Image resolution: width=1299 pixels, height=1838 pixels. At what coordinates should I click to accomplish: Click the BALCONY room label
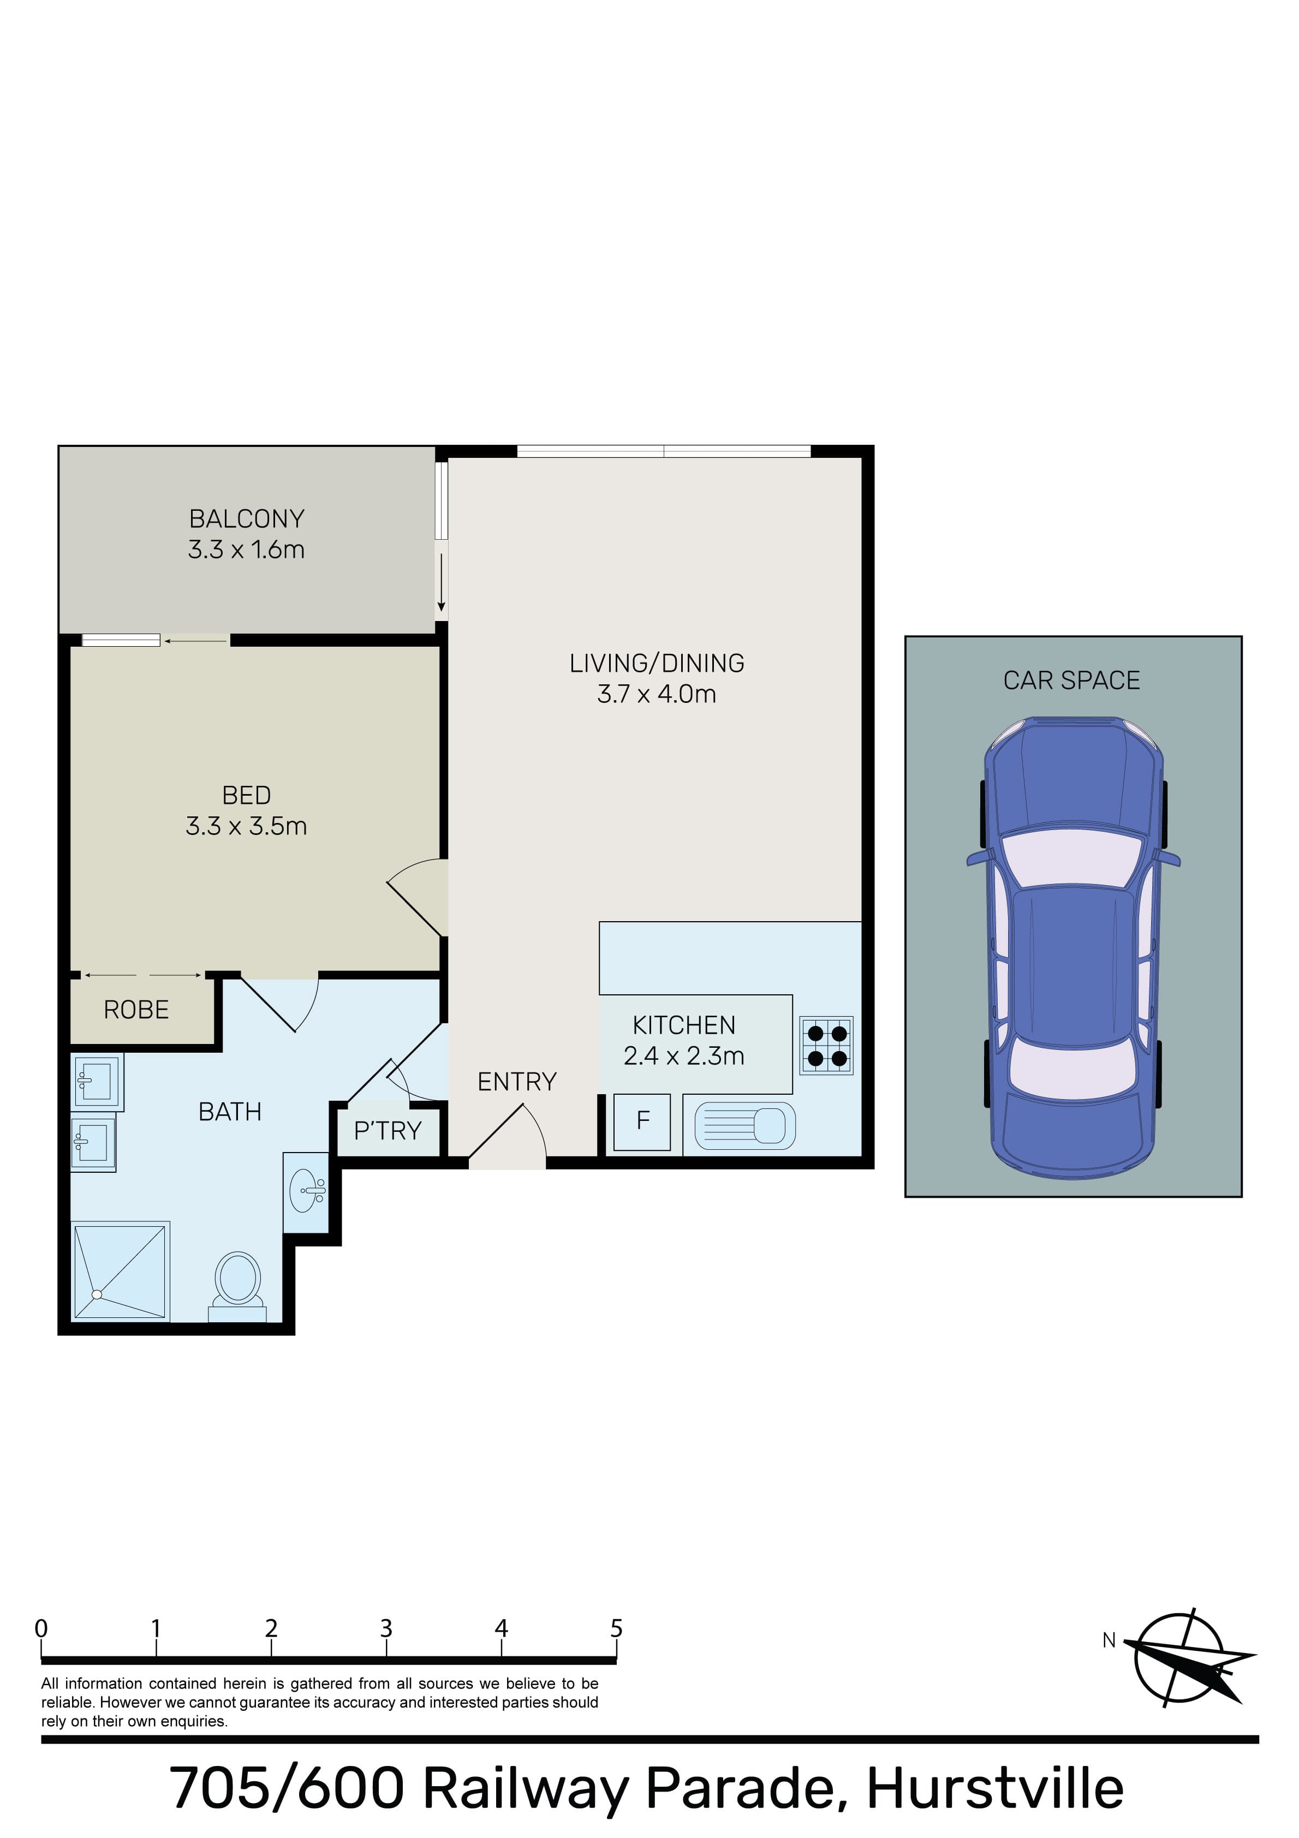[x=247, y=519]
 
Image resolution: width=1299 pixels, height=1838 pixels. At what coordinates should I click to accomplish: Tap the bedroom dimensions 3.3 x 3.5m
[x=247, y=826]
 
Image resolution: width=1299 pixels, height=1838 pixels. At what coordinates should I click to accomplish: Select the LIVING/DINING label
[x=657, y=663]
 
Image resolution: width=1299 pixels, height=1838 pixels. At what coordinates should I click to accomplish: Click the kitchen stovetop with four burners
[x=826, y=1046]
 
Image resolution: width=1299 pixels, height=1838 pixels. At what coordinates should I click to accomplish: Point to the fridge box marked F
[x=642, y=1121]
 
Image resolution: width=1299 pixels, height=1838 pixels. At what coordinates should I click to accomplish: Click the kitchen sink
[x=745, y=1125]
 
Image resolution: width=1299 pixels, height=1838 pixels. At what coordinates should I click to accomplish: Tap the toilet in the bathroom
[x=237, y=1287]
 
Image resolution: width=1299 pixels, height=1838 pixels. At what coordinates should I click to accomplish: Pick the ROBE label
[x=136, y=1010]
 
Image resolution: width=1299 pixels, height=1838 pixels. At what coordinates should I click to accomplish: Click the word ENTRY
[x=516, y=1082]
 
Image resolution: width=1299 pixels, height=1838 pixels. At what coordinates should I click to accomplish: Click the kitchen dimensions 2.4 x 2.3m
[x=684, y=1056]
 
